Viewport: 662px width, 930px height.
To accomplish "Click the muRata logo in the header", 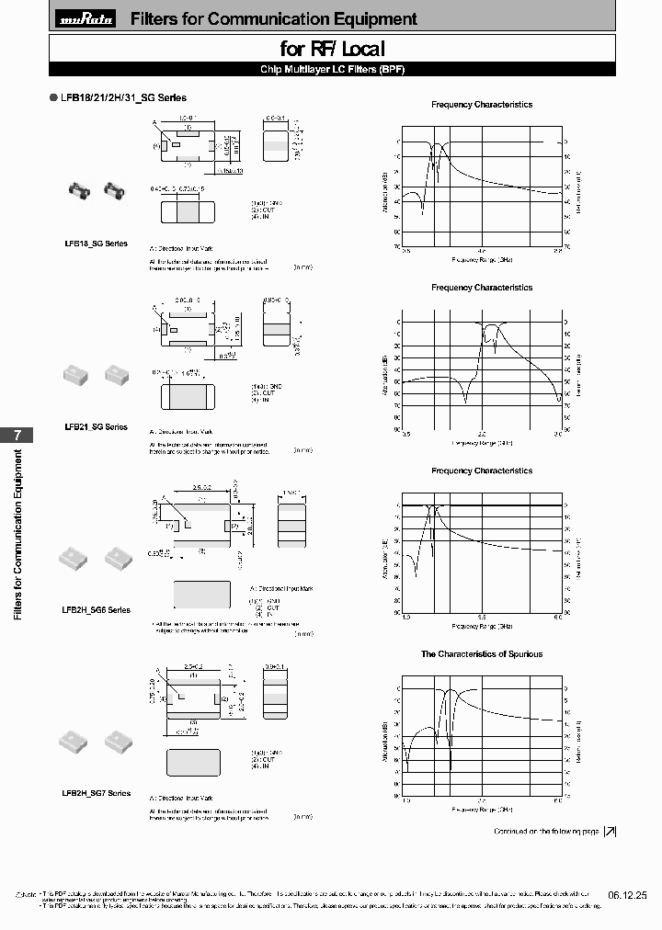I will pyautogui.click(x=87, y=19).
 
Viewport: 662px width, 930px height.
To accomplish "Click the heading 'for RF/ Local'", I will pyautogui.click(x=332, y=49).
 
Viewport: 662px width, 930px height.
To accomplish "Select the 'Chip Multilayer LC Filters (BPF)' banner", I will pyautogui.click(x=332, y=70).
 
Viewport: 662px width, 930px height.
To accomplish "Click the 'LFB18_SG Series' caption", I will pyautogui.click(x=97, y=244).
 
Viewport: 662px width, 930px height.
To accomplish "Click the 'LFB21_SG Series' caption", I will pyautogui.click(x=97, y=427).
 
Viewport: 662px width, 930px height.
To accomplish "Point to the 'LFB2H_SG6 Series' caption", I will pyautogui.click(x=97, y=610).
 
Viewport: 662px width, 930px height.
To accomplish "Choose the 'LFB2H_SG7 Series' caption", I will pyautogui.click(x=97, y=793).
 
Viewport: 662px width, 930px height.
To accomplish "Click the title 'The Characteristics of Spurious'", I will pyautogui.click(x=482, y=654).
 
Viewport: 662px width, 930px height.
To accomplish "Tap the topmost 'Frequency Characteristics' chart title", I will pyautogui.click(x=482, y=105).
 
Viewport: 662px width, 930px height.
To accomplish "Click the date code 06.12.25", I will pyautogui.click(x=627, y=894).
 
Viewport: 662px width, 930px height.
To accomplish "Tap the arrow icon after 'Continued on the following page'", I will pyautogui.click(x=610, y=832).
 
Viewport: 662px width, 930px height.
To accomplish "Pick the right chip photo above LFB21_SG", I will pyautogui.click(x=114, y=374).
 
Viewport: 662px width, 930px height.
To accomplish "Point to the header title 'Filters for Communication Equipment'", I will pyautogui.click(x=274, y=19).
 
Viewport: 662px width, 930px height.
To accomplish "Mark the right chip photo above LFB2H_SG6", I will pyautogui.click(x=115, y=556).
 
